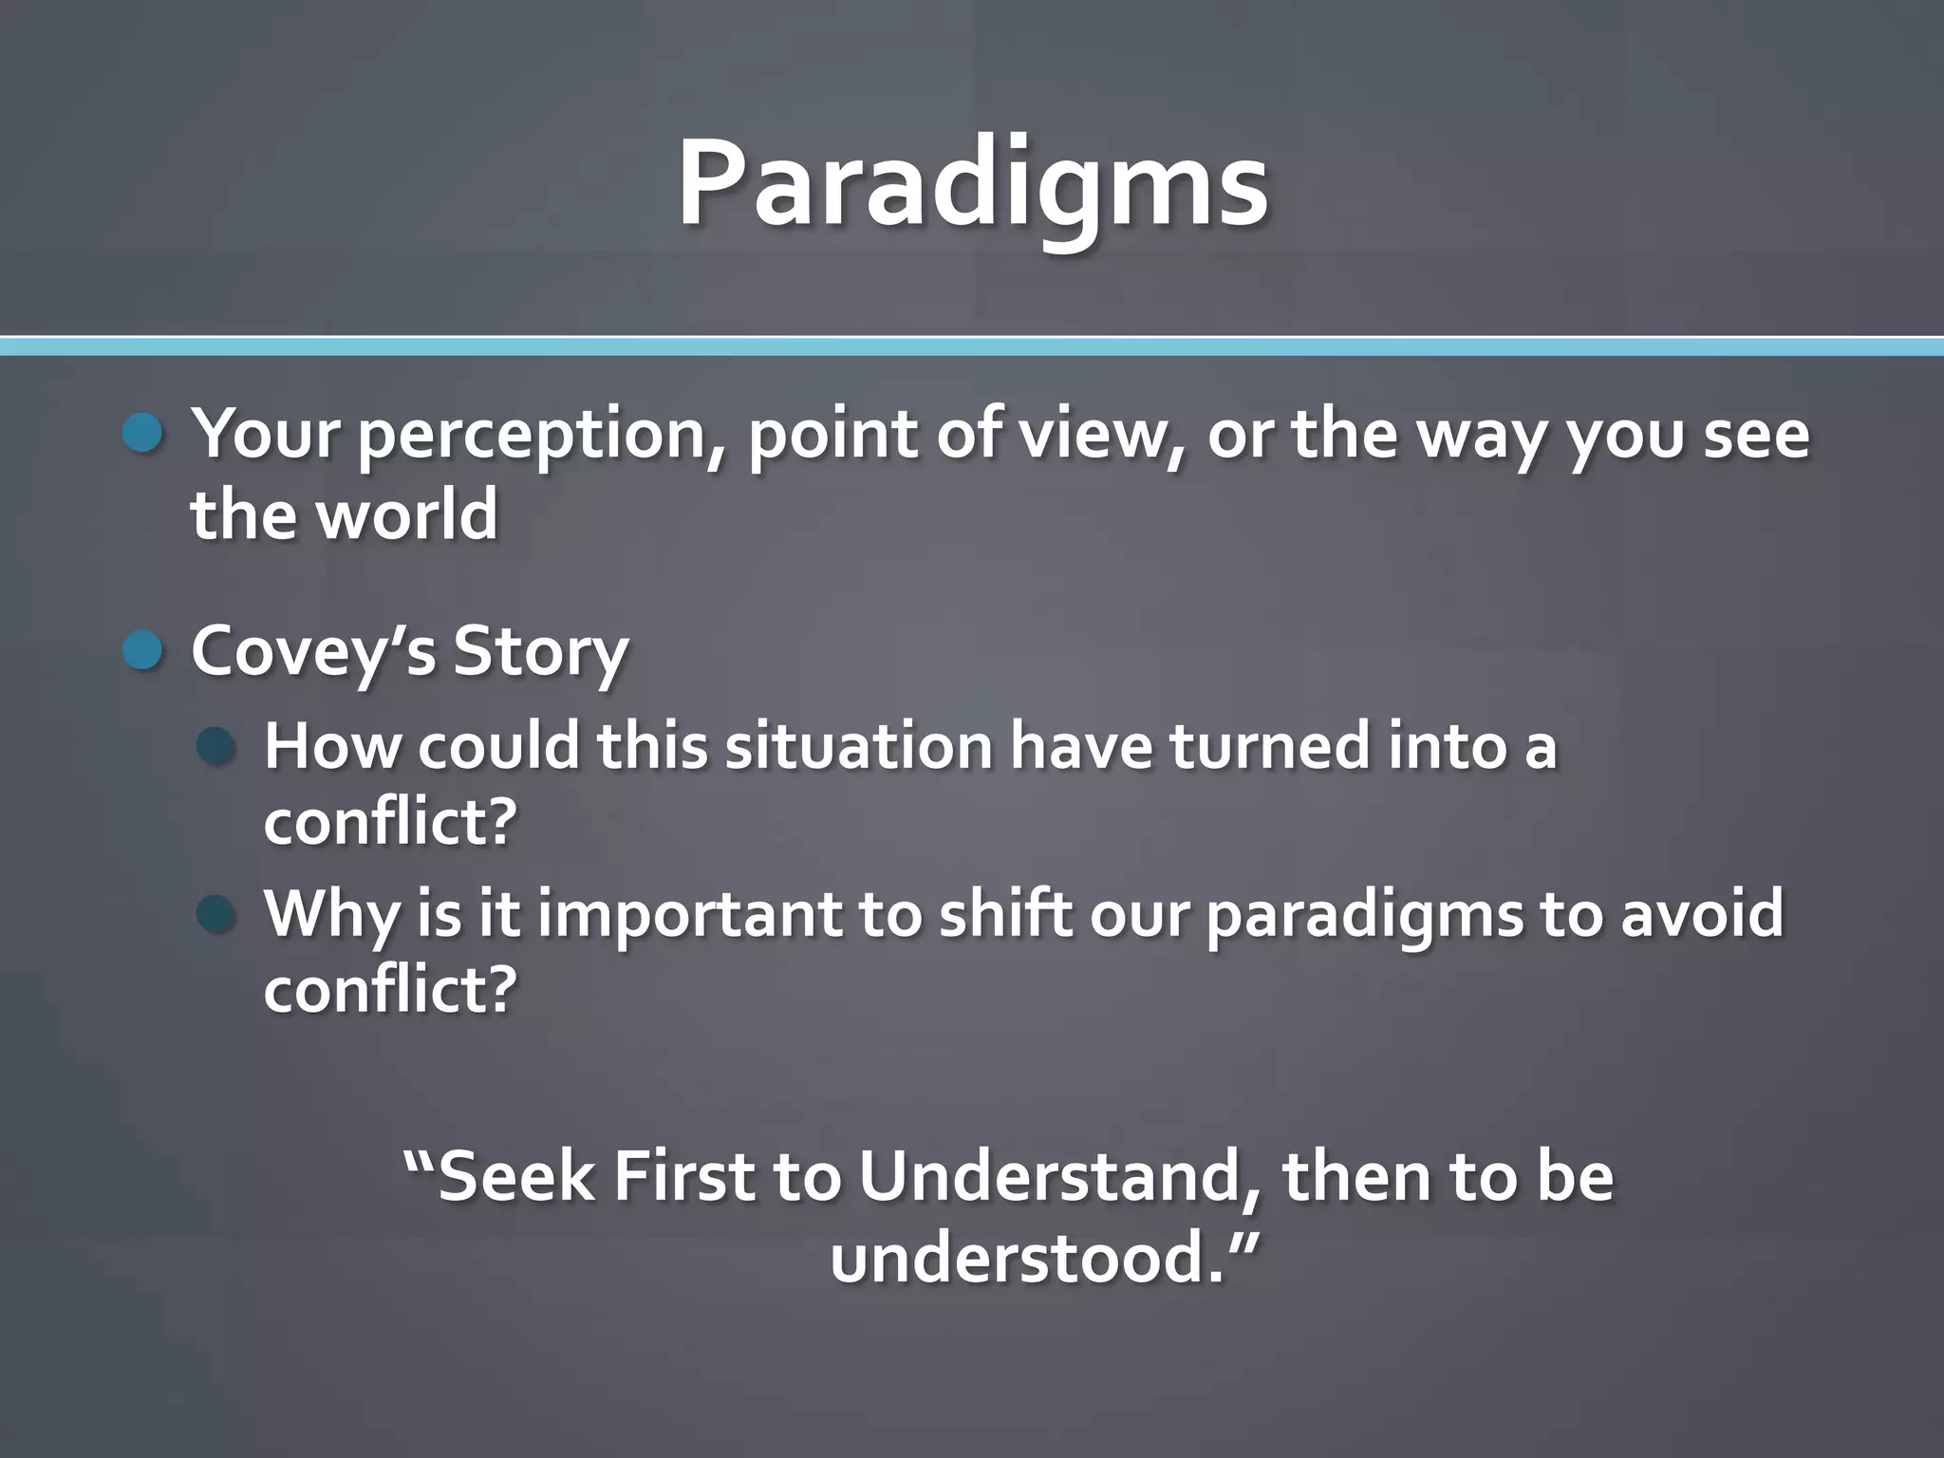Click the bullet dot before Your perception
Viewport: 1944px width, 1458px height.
coord(143,434)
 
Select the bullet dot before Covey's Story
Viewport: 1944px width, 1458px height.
coord(143,651)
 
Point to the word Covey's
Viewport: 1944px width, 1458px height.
coord(313,651)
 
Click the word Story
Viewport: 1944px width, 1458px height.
coord(540,651)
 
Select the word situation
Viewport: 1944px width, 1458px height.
coord(858,746)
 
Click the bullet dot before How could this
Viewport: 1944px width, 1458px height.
coord(216,747)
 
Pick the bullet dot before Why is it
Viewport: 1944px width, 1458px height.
coord(216,914)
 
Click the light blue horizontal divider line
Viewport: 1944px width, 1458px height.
coord(972,346)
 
